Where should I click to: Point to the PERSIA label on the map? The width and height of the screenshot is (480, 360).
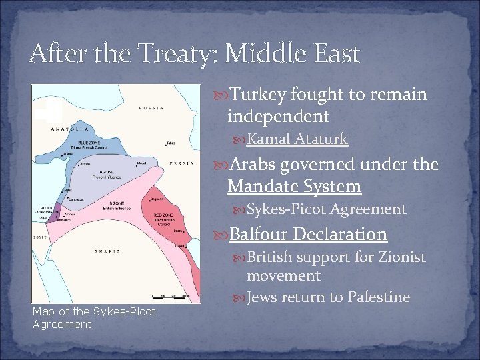(182, 163)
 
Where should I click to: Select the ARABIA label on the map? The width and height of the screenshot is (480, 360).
(107, 251)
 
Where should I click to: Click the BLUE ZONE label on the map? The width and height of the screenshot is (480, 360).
(90, 143)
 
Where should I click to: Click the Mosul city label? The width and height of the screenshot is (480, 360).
(141, 162)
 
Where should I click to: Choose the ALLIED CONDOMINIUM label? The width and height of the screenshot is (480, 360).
(43, 209)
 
